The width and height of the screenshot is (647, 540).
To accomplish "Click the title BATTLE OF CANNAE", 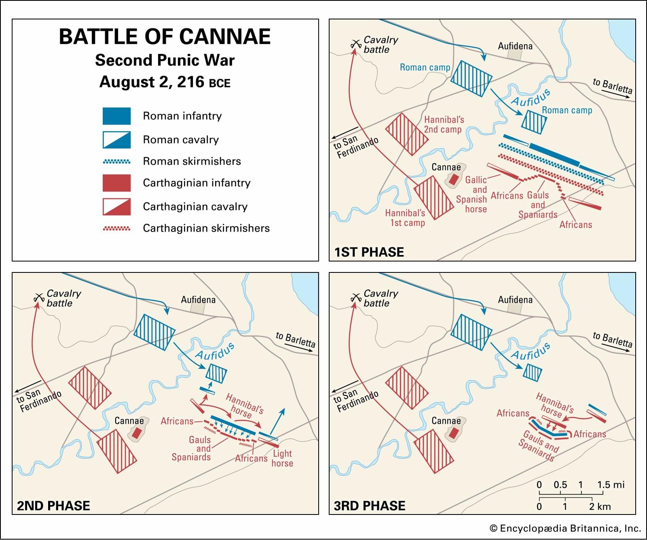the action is tap(165, 36).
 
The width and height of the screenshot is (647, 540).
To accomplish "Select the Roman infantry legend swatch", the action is tap(116, 116).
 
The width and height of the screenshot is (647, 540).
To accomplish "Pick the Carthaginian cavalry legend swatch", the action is tap(116, 206).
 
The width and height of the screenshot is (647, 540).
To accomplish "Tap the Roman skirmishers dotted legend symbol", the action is tap(116, 162).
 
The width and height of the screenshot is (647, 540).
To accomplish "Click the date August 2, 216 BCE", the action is tap(165, 82).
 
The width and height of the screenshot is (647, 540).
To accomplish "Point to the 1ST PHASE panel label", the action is tap(369, 252).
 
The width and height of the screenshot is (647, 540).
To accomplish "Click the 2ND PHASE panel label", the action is tap(53, 506).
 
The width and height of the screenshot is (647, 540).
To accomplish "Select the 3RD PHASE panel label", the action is tap(370, 506).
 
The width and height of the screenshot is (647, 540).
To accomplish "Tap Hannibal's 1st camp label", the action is tap(405, 218).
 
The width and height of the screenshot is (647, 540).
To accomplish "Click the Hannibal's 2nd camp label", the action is tap(444, 125).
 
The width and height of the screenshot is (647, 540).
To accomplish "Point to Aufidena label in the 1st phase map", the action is tap(515, 46).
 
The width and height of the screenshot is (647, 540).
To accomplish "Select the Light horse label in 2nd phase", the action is tap(282, 458).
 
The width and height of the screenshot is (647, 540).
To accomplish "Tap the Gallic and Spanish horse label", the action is tap(472, 194).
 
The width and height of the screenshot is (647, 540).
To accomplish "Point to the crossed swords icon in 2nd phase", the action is tap(39, 298).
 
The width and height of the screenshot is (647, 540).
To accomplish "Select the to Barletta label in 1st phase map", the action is tap(612, 86).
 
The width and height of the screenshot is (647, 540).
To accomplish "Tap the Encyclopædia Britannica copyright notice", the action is tap(565, 528).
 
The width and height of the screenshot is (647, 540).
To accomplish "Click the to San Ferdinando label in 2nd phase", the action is tap(39, 401).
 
